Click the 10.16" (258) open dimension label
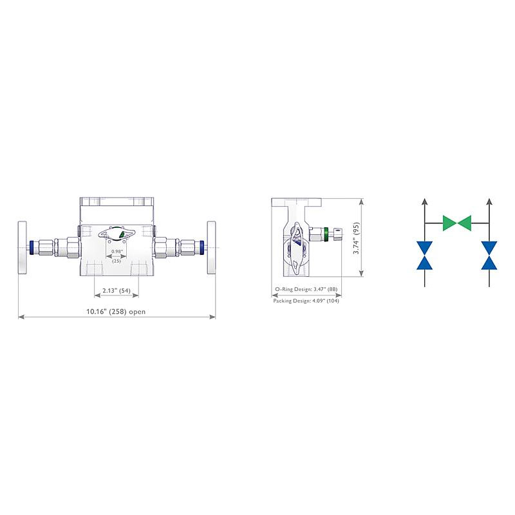(x=116, y=312)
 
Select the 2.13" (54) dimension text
(x=117, y=291)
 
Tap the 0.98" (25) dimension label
(x=117, y=256)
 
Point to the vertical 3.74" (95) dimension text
(x=356, y=238)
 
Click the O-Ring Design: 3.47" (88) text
(x=306, y=289)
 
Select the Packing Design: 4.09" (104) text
(x=306, y=301)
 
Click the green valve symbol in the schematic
(x=457, y=223)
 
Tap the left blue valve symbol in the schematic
(x=424, y=255)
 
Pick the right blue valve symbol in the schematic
(x=489, y=255)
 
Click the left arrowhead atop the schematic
(x=424, y=201)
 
